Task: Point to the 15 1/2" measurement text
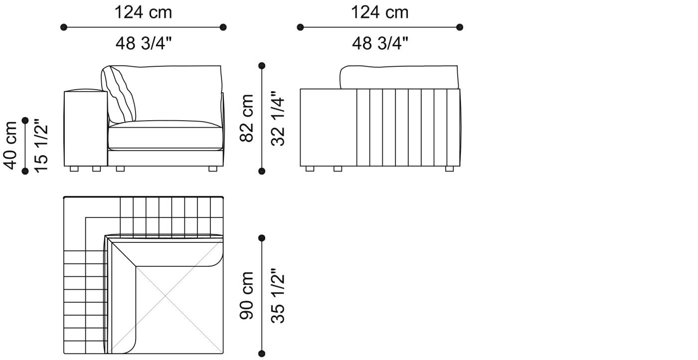click(x=42, y=146)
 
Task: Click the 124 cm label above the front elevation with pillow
click(x=144, y=12)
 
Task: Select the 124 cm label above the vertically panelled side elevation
click(x=380, y=12)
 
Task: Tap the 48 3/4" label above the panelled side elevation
click(x=380, y=43)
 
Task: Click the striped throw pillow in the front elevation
click(x=120, y=94)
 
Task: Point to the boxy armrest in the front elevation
click(x=86, y=128)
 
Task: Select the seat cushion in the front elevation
click(x=165, y=135)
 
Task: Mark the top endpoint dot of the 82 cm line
click(x=262, y=65)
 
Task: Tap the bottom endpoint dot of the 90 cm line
click(x=262, y=354)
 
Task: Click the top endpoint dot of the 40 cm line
click(x=25, y=120)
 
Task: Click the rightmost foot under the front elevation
click(x=213, y=169)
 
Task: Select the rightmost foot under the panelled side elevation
click(x=449, y=169)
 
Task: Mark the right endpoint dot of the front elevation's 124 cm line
click(x=223, y=27)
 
